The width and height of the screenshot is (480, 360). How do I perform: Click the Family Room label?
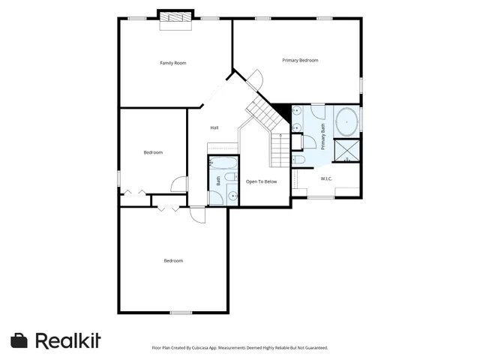coord(173,63)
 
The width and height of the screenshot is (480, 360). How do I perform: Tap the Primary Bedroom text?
coord(300,60)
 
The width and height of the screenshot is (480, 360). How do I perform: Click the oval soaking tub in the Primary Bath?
coord(346,120)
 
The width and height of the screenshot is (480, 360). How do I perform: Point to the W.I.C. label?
coord(326,178)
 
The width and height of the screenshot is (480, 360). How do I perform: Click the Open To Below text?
coord(262,181)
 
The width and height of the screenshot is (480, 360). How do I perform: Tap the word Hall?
coord(214,127)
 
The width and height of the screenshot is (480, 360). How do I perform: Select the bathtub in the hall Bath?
coord(223,163)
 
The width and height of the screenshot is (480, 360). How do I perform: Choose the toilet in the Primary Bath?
coord(298,160)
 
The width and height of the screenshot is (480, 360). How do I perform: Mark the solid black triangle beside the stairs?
coord(281,112)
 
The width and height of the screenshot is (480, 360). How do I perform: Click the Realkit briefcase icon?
coord(19,340)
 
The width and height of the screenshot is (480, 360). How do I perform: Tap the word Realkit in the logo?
coord(68,340)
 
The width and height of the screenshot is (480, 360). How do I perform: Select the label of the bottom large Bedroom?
coord(173,261)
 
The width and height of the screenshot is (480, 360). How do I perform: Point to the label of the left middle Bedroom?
coord(153,152)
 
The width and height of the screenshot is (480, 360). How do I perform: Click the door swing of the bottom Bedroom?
coord(197,214)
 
